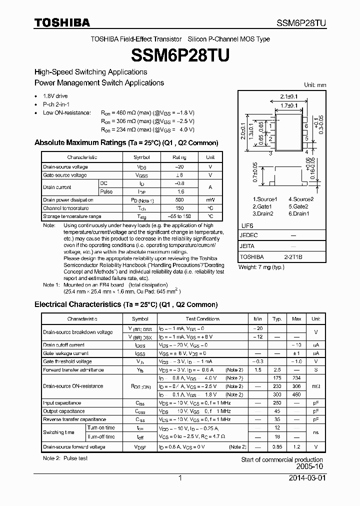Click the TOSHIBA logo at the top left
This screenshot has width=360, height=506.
pos(62,22)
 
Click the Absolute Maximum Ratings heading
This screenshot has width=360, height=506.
pos(126,143)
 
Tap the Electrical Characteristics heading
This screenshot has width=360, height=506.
pos(125,304)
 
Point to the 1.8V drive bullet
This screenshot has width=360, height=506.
pos(55,96)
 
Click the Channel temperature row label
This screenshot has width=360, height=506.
pos(66,208)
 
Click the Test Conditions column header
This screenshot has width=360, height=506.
pos(202,319)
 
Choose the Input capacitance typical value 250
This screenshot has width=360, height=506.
pos(277,403)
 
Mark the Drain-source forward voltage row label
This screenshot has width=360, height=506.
pos(74,447)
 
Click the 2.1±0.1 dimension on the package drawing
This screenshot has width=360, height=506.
pos(288,96)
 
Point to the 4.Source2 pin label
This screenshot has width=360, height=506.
pos(301,199)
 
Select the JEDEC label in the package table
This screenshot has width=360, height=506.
pos(249,235)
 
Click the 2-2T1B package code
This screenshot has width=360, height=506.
pos(293,256)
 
